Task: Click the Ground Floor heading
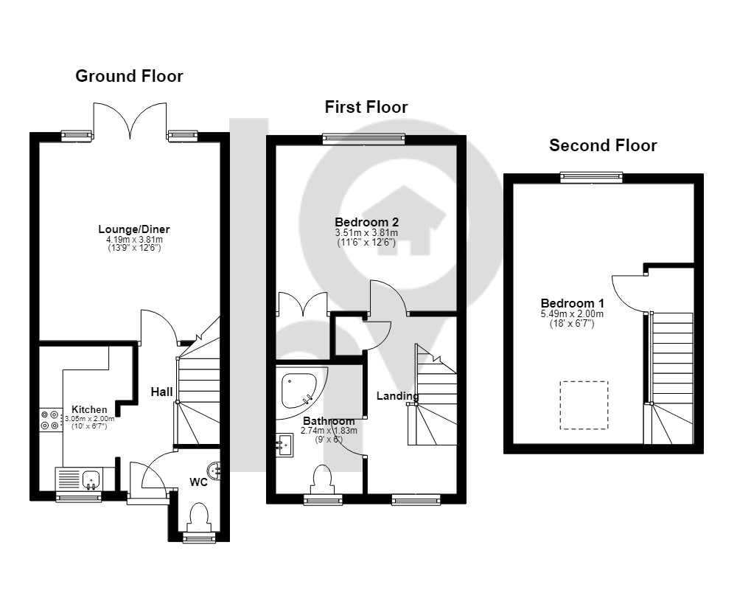pos(129,76)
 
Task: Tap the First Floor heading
pos(366,107)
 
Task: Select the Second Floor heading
pos(603,145)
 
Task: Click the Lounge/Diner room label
pos(134,229)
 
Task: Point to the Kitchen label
pos(89,409)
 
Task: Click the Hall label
pos(161,392)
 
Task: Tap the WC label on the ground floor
pos(198,482)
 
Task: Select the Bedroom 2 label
pos(366,222)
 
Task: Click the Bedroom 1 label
pos(573,303)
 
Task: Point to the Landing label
pos(398,396)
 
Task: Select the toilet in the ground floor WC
pos(199,518)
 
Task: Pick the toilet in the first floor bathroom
pos(323,479)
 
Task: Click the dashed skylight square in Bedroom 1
pos(584,405)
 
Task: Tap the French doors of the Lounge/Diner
pos(130,122)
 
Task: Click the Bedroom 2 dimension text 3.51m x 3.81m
pos(366,233)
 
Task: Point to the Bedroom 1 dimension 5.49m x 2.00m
pos(573,314)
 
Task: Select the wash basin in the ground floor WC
pos(214,471)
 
